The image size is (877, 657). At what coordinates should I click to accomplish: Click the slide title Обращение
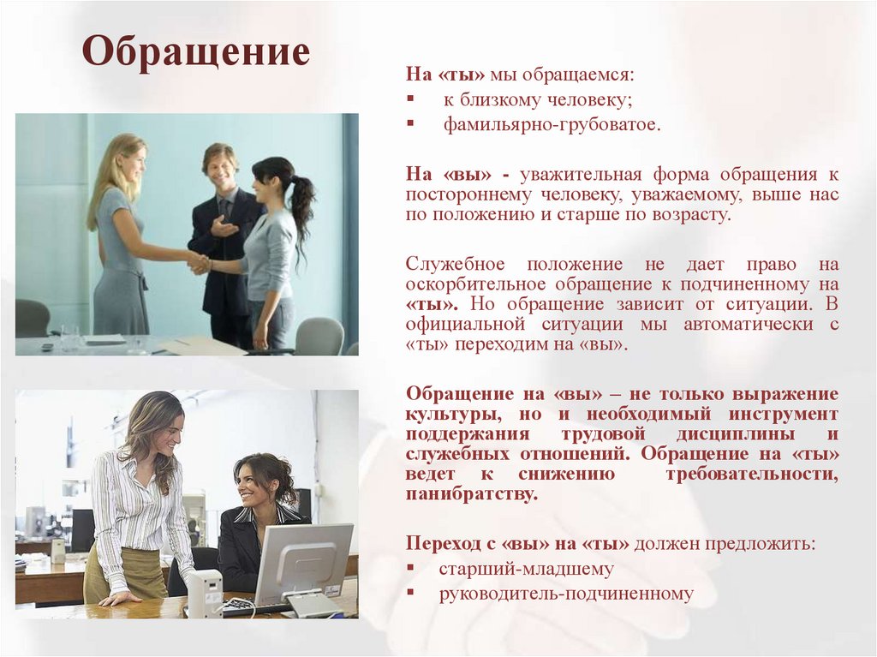(196, 52)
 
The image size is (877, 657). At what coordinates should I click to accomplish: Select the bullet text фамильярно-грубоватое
(552, 125)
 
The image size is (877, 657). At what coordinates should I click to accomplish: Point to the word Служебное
(455, 264)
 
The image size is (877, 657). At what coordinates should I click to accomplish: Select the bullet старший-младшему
(526, 568)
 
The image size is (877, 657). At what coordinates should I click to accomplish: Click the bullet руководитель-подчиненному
(566, 593)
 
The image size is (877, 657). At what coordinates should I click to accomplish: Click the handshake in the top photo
(200, 263)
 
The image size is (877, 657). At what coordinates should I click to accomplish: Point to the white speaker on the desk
(205, 592)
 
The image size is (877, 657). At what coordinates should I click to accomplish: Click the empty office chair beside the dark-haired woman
(319, 336)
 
